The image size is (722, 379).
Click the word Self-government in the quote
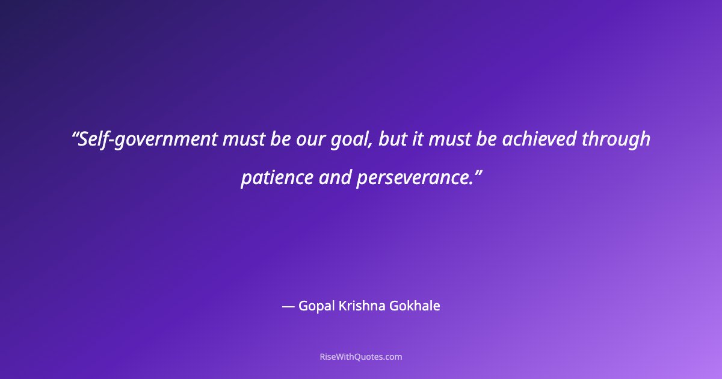(x=149, y=140)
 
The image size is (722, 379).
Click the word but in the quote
(x=392, y=140)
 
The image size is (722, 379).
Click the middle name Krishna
(x=362, y=306)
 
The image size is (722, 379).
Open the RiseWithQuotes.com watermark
(x=361, y=357)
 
